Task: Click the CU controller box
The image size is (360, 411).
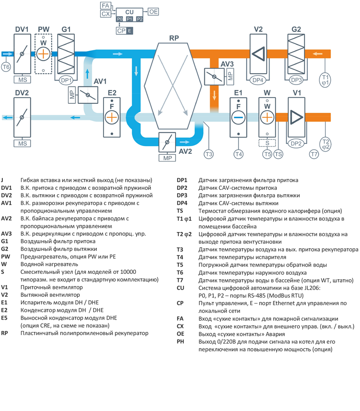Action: tap(130, 11)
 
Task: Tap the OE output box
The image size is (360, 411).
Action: tap(153, 11)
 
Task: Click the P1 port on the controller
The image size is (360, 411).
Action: tap(130, 19)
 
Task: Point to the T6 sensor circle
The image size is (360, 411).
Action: tap(6, 67)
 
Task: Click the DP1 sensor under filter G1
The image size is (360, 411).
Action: tap(66, 80)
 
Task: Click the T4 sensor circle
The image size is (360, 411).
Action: tap(238, 154)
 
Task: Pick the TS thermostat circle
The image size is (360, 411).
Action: tap(279, 154)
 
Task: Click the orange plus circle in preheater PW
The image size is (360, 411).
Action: tap(43, 54)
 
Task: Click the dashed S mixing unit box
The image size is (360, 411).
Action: tap(267, 143)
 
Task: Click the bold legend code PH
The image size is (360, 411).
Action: tap(180, 342)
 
